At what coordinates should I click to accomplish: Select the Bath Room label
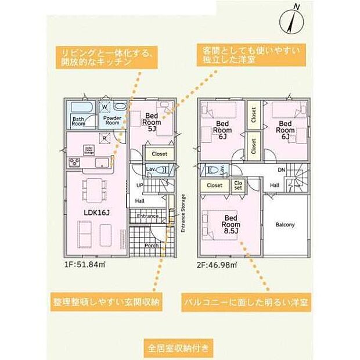(x=79, y=120)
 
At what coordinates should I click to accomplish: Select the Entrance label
(x=147, y=217)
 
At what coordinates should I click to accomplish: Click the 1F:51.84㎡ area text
(x=84, y=264)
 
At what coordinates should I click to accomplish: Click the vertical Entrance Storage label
(x=183, y=214)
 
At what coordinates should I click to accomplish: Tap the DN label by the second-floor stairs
(x=281, y=170)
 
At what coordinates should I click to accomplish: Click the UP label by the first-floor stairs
(x=139, y=185)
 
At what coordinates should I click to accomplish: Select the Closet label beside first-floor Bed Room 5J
(x=159, y=154)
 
